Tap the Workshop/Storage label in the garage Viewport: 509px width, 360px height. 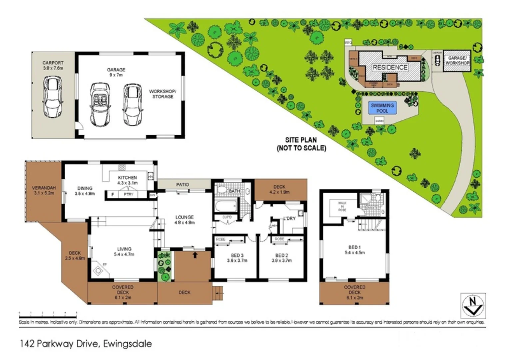[x=162, y=94]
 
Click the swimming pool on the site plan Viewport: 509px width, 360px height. [x=382, y=108]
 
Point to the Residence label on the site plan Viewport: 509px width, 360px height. [x=390, y=67]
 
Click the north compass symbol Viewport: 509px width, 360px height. [x=473, y=306]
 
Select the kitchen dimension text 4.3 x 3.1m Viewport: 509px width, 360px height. [x=127, y=183]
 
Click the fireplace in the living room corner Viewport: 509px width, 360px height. [x=98, y=270]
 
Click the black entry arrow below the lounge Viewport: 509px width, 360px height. [x=195, y=255]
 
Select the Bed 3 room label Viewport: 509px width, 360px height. [x=237, y=255]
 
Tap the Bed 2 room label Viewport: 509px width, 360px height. [x=281, y=255]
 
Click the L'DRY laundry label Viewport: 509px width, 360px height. [x=289, y=218]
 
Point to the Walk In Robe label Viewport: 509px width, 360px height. [x=342, y=206]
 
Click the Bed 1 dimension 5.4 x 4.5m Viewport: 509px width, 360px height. [x=354, y=253]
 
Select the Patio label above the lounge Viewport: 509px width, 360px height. [x=183, y=184]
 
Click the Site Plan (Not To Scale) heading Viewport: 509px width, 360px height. [x=301, y=144]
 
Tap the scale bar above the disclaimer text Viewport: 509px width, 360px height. [x=48, y=314]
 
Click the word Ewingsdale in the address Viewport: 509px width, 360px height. [x=127, y=344]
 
